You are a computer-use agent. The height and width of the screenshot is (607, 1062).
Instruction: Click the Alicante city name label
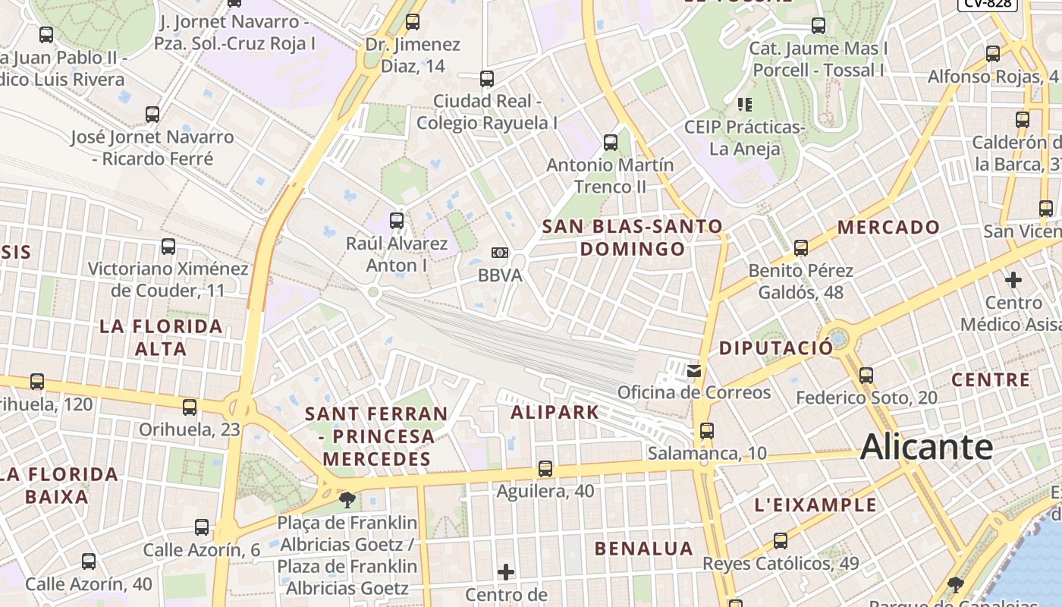click(x=926, y=447)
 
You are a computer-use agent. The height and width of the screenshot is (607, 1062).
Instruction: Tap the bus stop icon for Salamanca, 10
click(x=707, y=431)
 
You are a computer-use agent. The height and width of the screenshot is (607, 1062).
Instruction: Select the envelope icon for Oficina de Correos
click(x=693, y=371)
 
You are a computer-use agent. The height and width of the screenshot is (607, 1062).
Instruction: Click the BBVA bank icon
click(x=500, y=253)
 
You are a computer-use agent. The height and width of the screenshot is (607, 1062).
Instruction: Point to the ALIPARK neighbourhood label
click(x=555, y=413)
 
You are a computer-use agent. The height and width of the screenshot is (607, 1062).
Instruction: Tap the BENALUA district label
click(x=644, y=549)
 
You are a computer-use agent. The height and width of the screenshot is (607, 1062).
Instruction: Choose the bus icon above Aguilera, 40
click(x=545, y=469)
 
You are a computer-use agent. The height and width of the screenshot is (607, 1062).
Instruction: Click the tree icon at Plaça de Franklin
click(x=347, y=500)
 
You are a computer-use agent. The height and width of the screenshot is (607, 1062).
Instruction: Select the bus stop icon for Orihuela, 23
click(x=190, y=407)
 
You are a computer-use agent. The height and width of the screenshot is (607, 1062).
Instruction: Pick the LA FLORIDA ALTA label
click(x=162, y=338)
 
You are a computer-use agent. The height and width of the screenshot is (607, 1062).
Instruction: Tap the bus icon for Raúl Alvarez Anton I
click(x=396, y=221)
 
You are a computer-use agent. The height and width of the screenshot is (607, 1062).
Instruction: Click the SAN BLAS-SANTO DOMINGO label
click(x=633, y=237)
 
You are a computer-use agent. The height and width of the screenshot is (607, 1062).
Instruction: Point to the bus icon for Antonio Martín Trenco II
click(x=610, y=143)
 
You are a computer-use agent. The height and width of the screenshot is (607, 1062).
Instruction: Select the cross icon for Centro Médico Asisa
click(x=1013, y=280)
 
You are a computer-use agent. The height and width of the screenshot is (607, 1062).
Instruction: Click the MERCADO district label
click(x=888, y=227)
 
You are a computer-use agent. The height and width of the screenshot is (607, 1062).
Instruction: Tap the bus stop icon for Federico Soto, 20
click(x=866, y=375)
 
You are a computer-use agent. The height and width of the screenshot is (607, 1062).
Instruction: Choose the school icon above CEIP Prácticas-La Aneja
click(x=744, y=104)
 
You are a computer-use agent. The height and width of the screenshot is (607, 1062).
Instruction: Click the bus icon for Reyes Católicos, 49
click(x=780, y=541)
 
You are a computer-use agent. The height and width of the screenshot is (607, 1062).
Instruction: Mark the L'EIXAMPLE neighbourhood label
click(x=815, y=505)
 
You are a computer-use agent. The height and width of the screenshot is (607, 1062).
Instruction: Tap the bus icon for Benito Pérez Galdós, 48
click(x=800, y=248)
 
